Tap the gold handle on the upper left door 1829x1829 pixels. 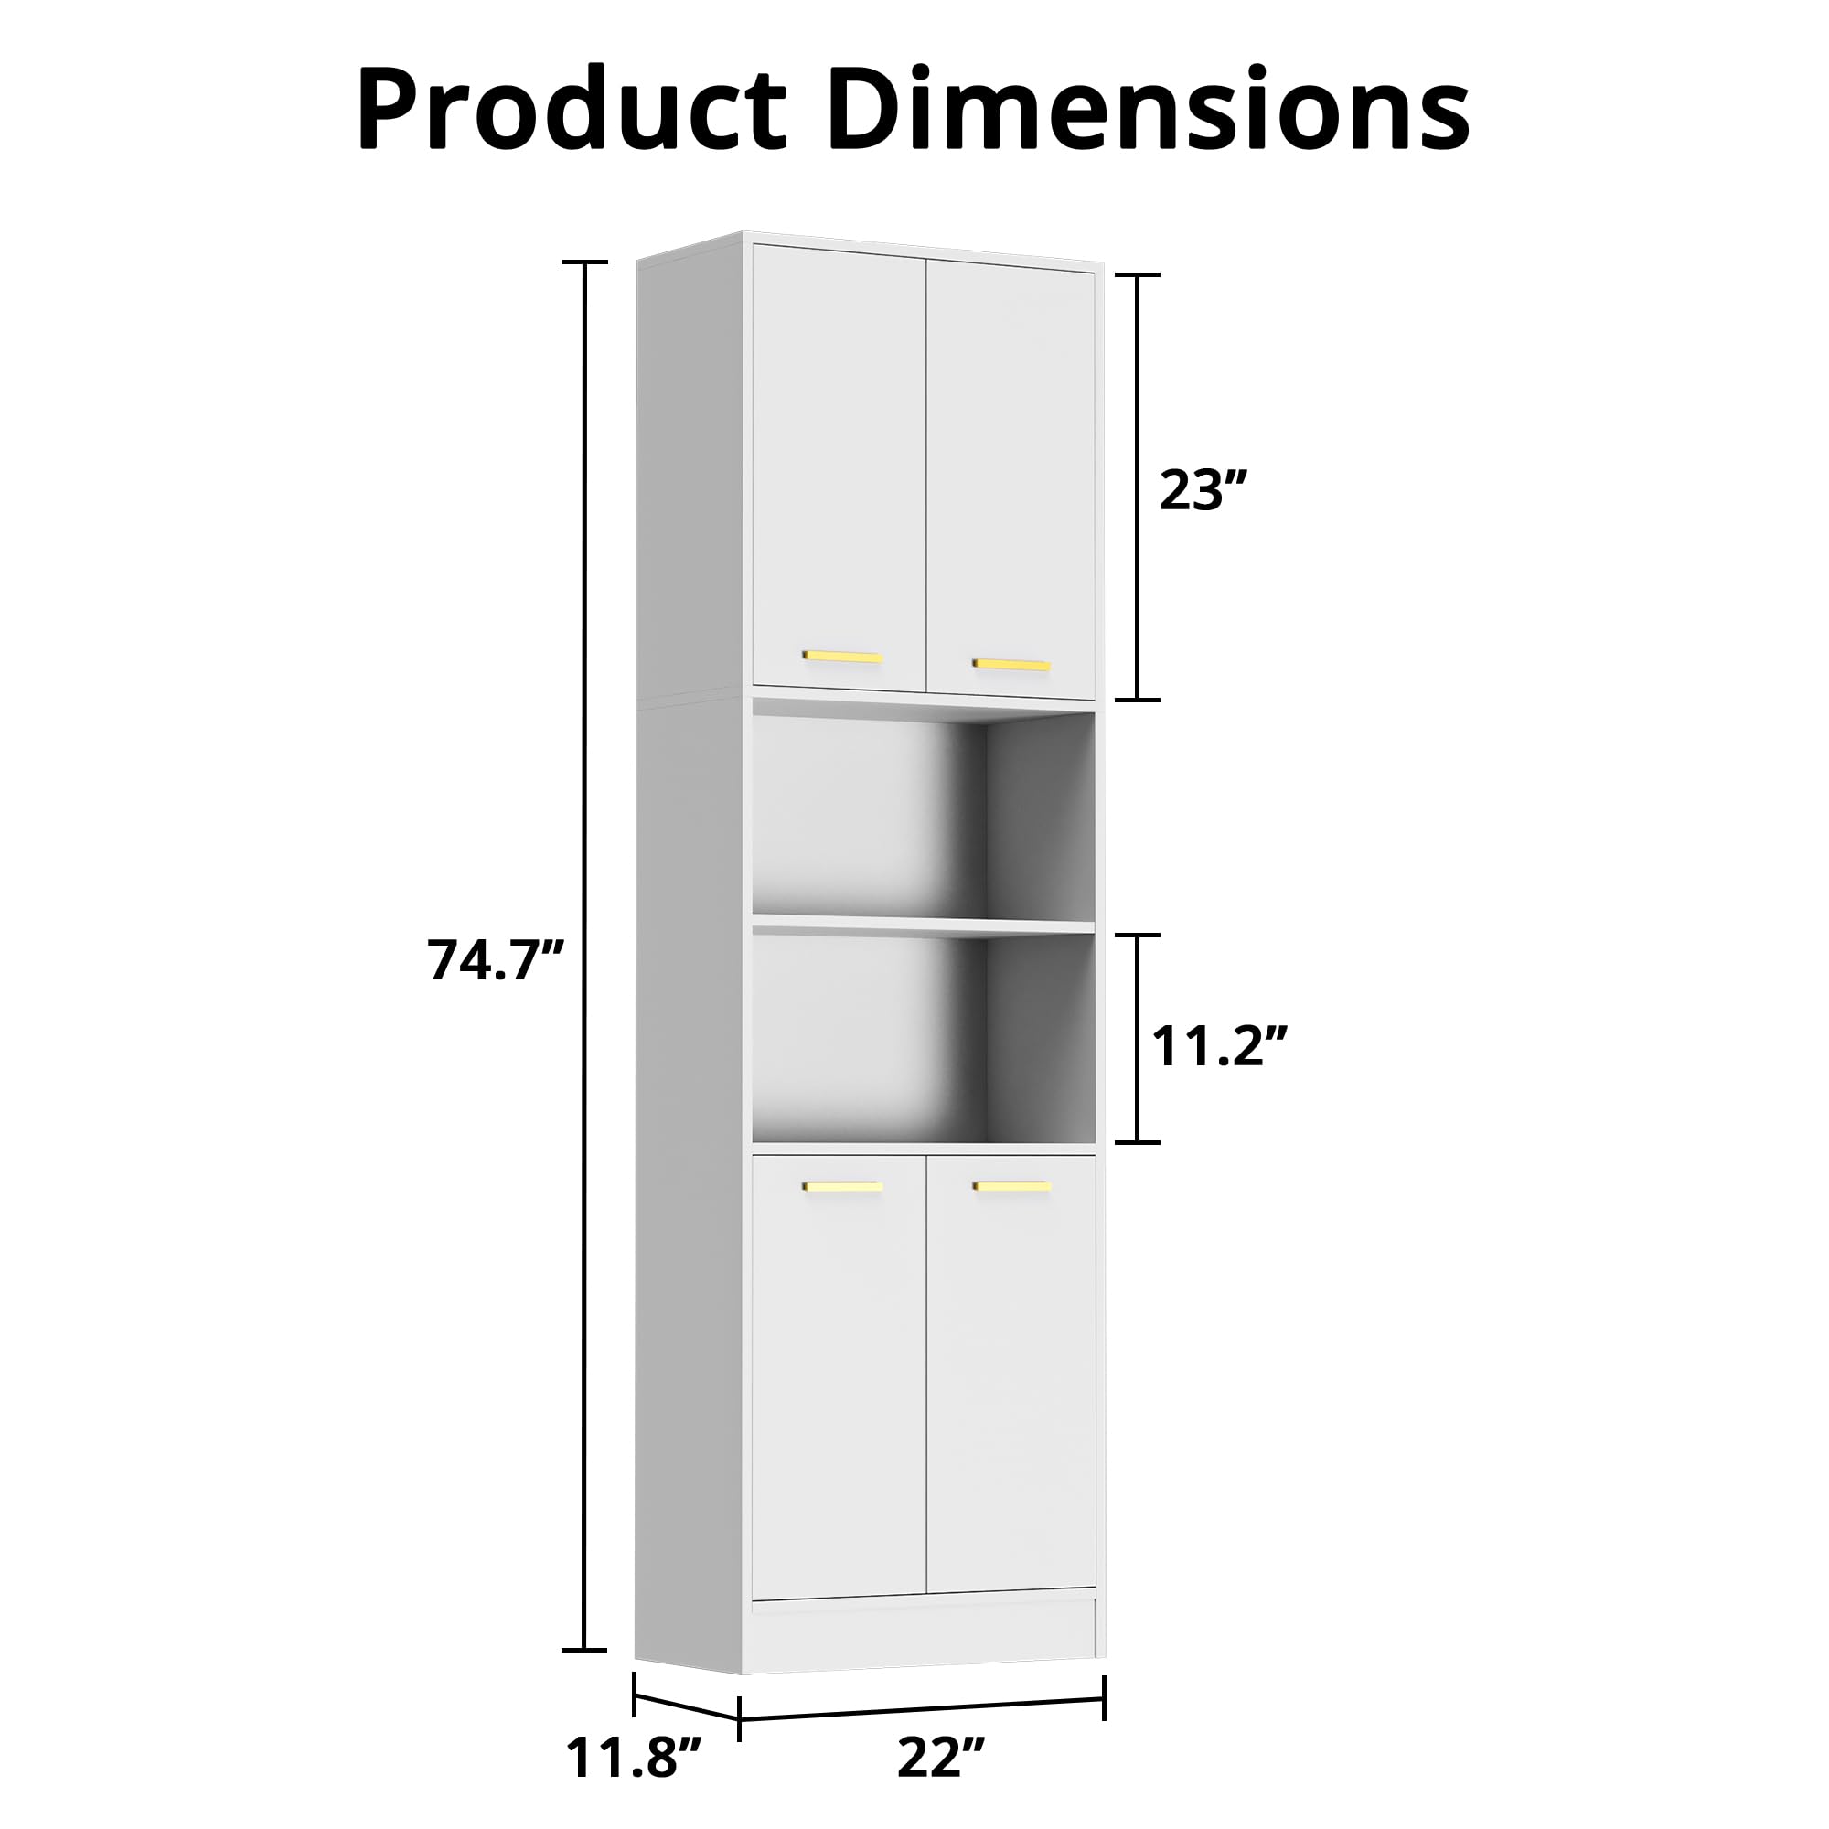(x=842, y=656)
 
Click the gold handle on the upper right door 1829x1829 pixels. (x=1012, y=665)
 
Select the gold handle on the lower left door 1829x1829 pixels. (x=842, y=1185)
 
